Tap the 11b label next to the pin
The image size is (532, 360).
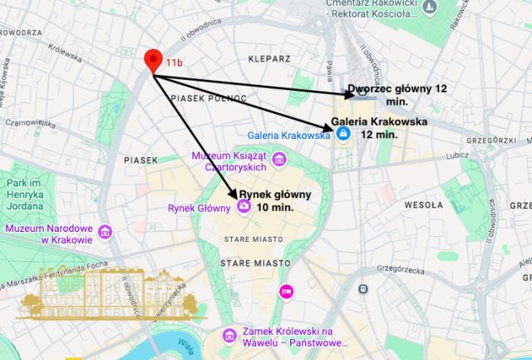tap(174, 63)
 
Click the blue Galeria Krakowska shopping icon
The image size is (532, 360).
tap(343, 136)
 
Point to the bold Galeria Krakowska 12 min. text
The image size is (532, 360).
tap(379, 127)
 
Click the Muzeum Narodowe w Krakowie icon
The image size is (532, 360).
tap(105, 232)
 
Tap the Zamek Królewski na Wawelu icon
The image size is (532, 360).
tap(229, 336)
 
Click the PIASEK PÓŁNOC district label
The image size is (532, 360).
tap(209, 98)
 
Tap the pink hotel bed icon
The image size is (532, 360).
tap(286, 291)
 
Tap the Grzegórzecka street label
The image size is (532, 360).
tap(399, 270)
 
